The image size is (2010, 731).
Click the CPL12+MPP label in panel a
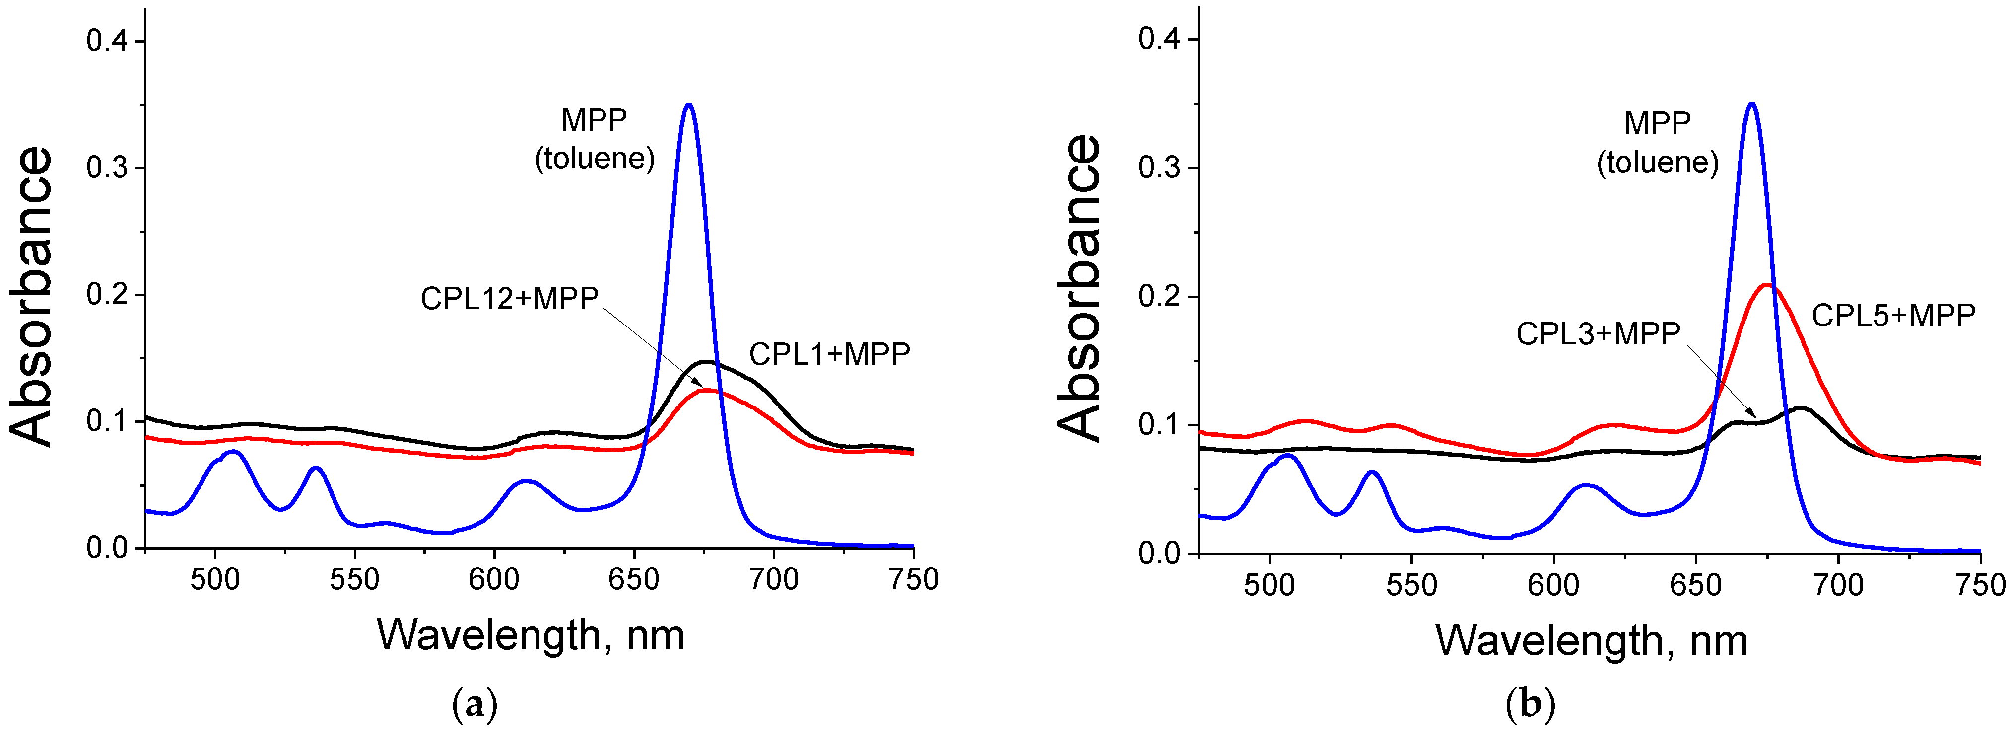click(509, 298)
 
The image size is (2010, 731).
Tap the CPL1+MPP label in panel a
click(829, 354)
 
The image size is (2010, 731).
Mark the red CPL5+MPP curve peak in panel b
click(1767, 285)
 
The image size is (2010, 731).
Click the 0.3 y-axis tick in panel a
click(107, 168)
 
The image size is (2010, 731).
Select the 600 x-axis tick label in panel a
click(494, 579)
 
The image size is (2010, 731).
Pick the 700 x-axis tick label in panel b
click(1838, 585)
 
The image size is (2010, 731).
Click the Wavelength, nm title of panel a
click(531, 634)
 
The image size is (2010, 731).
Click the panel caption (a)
click(474, 705)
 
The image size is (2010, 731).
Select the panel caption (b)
click(1530, 705)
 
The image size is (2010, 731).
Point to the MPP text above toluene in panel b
click(1657, 123)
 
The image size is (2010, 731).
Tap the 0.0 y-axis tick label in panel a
click(107, 548)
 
